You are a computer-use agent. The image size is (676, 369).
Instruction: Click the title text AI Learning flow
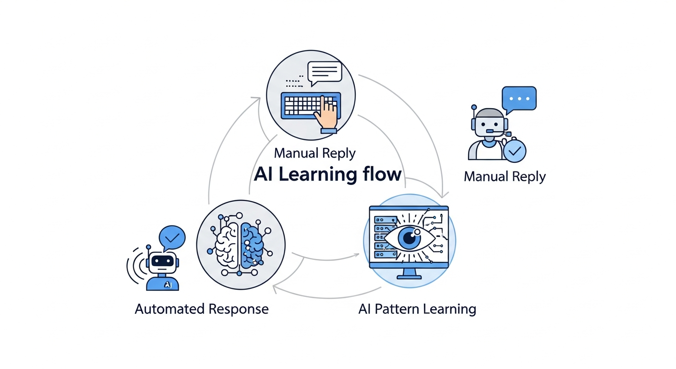tap(327, 174)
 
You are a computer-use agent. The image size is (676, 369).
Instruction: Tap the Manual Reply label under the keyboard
tap(314, 154)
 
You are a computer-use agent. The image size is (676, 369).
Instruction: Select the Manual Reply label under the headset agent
tap(505, 176)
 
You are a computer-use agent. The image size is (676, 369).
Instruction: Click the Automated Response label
tap(201, 308)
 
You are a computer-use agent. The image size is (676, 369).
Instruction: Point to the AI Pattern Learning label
tap(417, 308)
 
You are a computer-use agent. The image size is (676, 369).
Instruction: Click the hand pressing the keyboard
tap(327, 114)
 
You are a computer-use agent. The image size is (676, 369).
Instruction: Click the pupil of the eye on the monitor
tap(409, 237)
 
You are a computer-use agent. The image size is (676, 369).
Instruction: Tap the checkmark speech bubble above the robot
tap(172, 237)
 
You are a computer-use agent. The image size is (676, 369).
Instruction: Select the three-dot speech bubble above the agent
tap(519, 99)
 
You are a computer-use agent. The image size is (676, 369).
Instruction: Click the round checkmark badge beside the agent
tap(515, 151)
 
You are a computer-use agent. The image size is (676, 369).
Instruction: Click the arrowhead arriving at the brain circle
tap(275, 288)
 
